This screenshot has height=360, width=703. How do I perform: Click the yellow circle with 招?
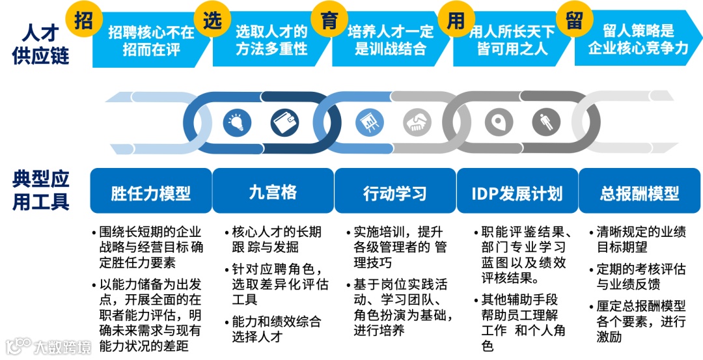[x=83, y=21]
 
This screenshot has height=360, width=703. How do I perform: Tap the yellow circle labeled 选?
[x=212, y=21]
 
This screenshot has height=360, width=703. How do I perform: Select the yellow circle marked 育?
[x=329, y=21]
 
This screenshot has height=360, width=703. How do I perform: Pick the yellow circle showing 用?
[x=456, y=21]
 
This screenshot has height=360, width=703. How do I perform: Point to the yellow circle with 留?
[x=573, y=21]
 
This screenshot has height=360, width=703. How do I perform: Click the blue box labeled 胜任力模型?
[x=150, y=192]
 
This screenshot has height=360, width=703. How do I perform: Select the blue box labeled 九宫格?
[x=273, y=192]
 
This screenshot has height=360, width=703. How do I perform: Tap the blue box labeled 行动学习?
[x=394, y=192]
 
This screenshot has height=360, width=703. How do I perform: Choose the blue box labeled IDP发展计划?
[x=517, y=192]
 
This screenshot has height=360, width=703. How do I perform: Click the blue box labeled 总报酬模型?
[x=639, y=192]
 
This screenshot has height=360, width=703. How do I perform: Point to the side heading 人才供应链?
[x=40, y=43]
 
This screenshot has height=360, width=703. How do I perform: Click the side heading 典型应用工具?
[x=40, y=189]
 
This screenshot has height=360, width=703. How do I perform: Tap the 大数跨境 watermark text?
[x=62, y=346]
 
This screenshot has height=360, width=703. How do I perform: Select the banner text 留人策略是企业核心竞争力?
[x=638, y=40]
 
